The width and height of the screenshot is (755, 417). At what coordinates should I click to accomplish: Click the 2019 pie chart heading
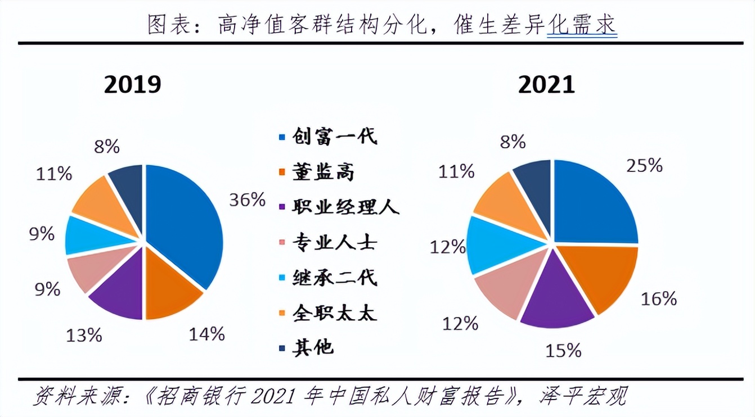132,84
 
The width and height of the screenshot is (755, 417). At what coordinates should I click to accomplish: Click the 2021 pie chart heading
546,84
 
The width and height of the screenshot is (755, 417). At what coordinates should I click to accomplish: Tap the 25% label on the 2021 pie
645,165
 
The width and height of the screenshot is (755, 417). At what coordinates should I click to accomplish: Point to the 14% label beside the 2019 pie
207,334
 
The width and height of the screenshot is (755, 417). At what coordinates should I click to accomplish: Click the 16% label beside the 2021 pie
659,299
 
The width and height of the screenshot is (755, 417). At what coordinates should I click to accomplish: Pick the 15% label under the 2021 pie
563,351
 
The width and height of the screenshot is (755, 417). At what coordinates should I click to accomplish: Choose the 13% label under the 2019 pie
84,336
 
